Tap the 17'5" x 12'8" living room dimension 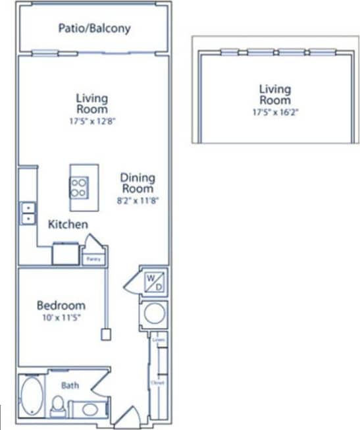pos(91,121)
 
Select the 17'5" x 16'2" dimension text pos(274,111)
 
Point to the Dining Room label pos(138,182)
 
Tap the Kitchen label pos(68,225)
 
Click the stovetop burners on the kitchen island pos(78,188)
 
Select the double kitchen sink pos(28,213)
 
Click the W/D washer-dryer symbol pos(154,282)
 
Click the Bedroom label pos(61,306)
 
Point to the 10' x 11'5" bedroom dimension pos(61,319)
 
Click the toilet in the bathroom pos(58,406)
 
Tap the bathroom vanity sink pos(90,409)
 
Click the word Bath pos(70,385)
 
